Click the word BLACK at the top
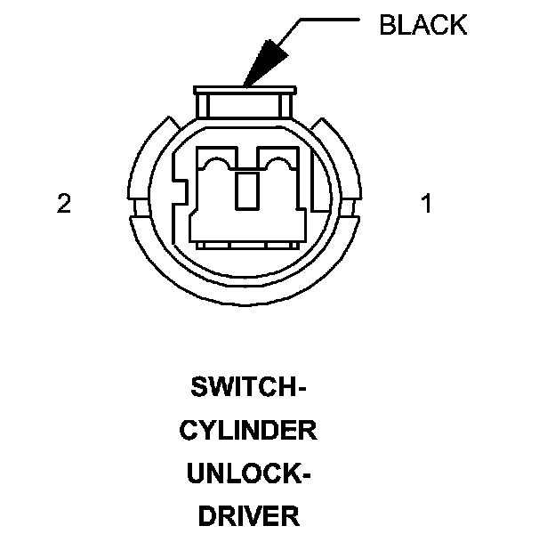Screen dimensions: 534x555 click(x=422, y=25)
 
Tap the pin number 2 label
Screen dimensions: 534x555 click(x=63, y=204)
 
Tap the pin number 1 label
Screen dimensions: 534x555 click(x=426, y=204)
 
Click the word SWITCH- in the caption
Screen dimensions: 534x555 click(x=249, y=388)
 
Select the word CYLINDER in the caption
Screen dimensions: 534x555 click(x=248, y=432)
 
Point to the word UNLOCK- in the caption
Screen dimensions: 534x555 click(x=248, y=473)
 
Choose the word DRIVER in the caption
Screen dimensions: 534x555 click(x=248, y=515)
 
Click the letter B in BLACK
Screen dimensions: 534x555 click(x=387, y=25)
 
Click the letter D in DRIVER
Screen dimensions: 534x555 click(x=205, y=515)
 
